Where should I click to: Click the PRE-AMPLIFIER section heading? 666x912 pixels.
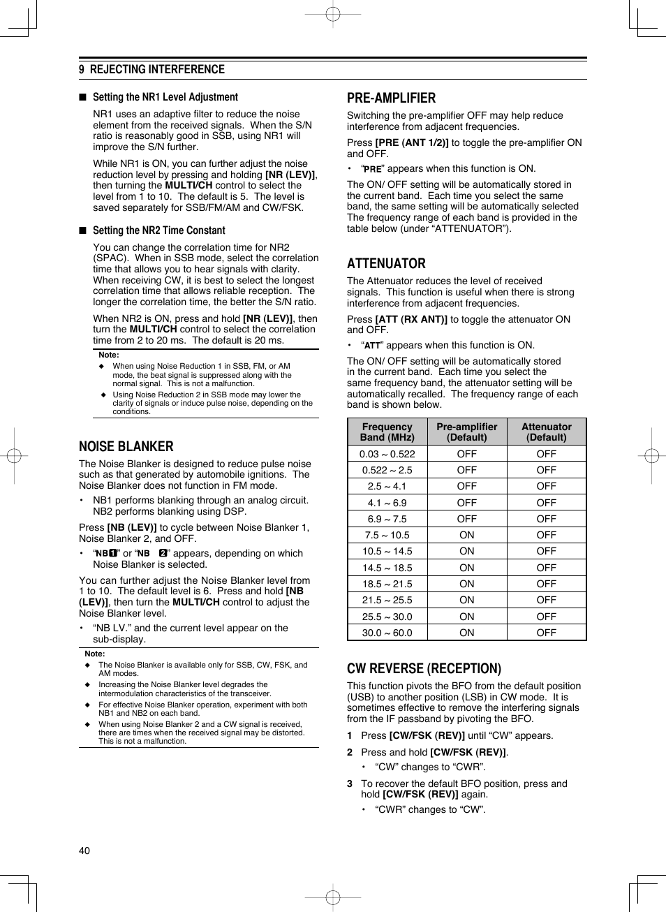tap(391, 98)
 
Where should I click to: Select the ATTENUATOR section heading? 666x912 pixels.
tap(386, 264)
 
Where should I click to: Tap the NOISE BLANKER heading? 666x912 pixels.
tap(126, 447)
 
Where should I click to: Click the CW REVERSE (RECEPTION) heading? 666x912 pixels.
tap(424, 669)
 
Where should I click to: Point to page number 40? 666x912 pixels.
tap(84, 851)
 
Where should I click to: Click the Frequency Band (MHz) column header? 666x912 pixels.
tap(387, 432)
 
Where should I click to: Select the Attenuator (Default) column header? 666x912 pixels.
tap(547, 432)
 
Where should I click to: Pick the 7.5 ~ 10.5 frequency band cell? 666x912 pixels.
tap(387, 535)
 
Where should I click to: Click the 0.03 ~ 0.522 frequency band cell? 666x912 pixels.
tap(387, 454)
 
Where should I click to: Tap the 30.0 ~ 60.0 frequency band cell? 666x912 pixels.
tap(387, 633)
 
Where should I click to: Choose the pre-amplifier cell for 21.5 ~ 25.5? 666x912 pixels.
tap(467, 600)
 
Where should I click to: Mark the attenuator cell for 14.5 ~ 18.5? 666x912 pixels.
tap(547, 568)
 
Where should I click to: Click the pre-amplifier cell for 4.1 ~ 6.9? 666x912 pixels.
tap(467, 503)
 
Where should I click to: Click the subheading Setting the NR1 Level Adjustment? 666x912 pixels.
tap(165, 98)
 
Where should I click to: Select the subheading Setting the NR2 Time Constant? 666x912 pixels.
tap(158, 230)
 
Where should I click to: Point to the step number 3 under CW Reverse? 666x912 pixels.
tap(350, 784)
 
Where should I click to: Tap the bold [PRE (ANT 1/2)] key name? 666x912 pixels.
tap(412, 143)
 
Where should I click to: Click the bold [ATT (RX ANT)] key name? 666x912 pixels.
tap(411, 319)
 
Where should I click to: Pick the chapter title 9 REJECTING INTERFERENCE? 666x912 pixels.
tap(151, 69)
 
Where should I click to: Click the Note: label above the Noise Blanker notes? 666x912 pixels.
tap(95, 654)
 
